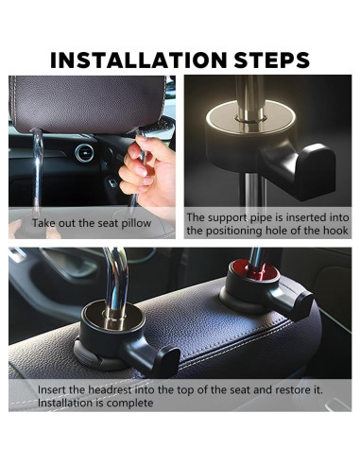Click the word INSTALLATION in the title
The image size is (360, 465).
(x=139, y=60)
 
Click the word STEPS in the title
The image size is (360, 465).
(x=272, y=60)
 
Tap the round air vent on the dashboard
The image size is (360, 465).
(x=84, y=153)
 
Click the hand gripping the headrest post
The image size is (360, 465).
(x=148, y=170)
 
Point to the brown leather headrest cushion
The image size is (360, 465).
(x=88, y=104)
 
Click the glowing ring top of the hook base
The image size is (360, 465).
(x=250, y=118)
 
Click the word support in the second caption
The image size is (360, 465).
(x=228, y=218)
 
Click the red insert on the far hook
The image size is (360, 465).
(x=254, y=270)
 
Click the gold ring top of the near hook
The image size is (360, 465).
(x=112, y=316)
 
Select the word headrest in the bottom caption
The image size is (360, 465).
(x=110, y=389)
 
